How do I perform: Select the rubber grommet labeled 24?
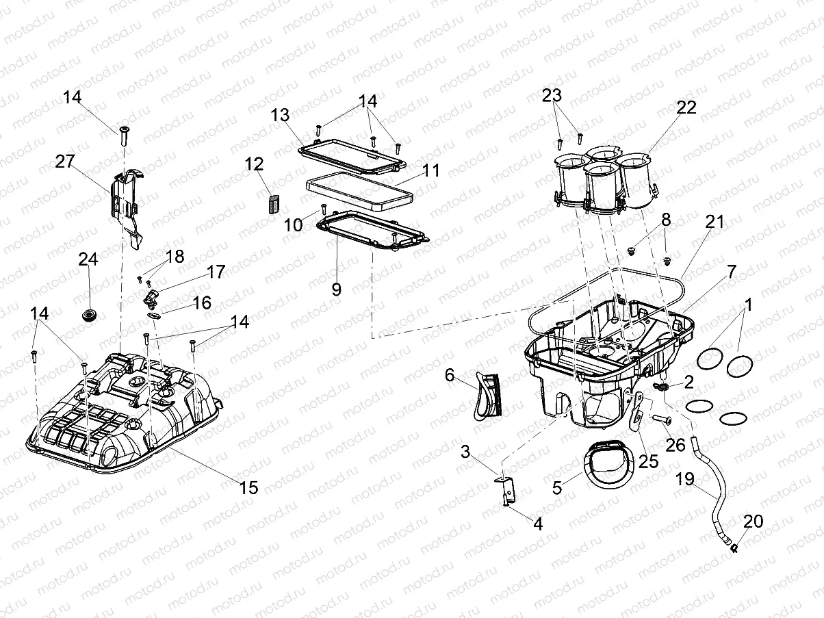pos(89,314)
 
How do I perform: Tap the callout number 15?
pos(248,487)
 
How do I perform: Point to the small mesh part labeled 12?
pos(273,204)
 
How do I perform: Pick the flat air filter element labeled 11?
pos(360,194)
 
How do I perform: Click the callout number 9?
pos(336,288)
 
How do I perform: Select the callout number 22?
pos(686,107)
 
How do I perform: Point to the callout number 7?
pos(732,271)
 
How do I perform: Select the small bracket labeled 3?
pos(505,487)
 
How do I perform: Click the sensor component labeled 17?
pos(152,298)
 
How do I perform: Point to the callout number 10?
pos(294,224)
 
